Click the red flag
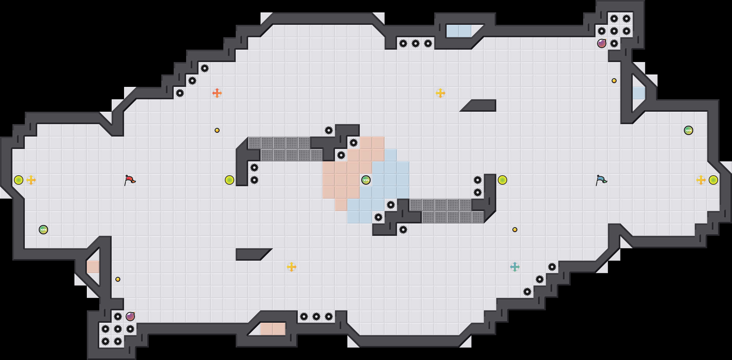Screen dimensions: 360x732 [130, 180]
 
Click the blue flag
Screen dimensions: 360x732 [601, 180]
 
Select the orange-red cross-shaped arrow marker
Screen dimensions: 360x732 [217, 93]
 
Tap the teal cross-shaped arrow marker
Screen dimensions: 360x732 [515, 267]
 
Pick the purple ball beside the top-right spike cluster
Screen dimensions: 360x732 [602, 43]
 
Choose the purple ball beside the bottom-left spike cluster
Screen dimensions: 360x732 [130, 317]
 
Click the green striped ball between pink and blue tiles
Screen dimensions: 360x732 [366, 180]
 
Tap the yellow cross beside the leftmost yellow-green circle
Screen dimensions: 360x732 [31, 180]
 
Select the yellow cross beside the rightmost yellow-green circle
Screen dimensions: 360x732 [701, 180]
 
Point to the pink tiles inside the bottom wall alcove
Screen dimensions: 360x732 [273, 329]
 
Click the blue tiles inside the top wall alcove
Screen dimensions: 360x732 [459, 31]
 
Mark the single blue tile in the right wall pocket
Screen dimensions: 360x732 [639, 93]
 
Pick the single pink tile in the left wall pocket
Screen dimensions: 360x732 [93, 267]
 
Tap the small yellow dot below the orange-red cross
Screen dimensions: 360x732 [217, 130]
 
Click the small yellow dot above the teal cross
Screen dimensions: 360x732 [515, 230]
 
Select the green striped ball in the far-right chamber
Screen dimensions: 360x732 [689, 130]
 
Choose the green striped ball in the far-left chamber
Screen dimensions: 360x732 [43, 230]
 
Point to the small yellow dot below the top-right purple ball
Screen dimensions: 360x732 [614, 81]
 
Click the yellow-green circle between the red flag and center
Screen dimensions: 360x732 [230, 180]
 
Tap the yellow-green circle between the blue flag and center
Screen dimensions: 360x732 [502, 180]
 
